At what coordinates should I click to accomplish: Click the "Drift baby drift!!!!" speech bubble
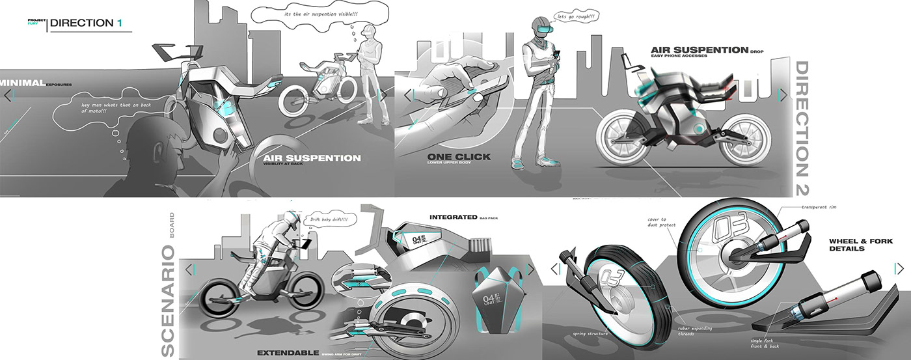click(x=331, y=219)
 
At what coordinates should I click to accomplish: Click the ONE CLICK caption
click(x=459, y=156)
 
